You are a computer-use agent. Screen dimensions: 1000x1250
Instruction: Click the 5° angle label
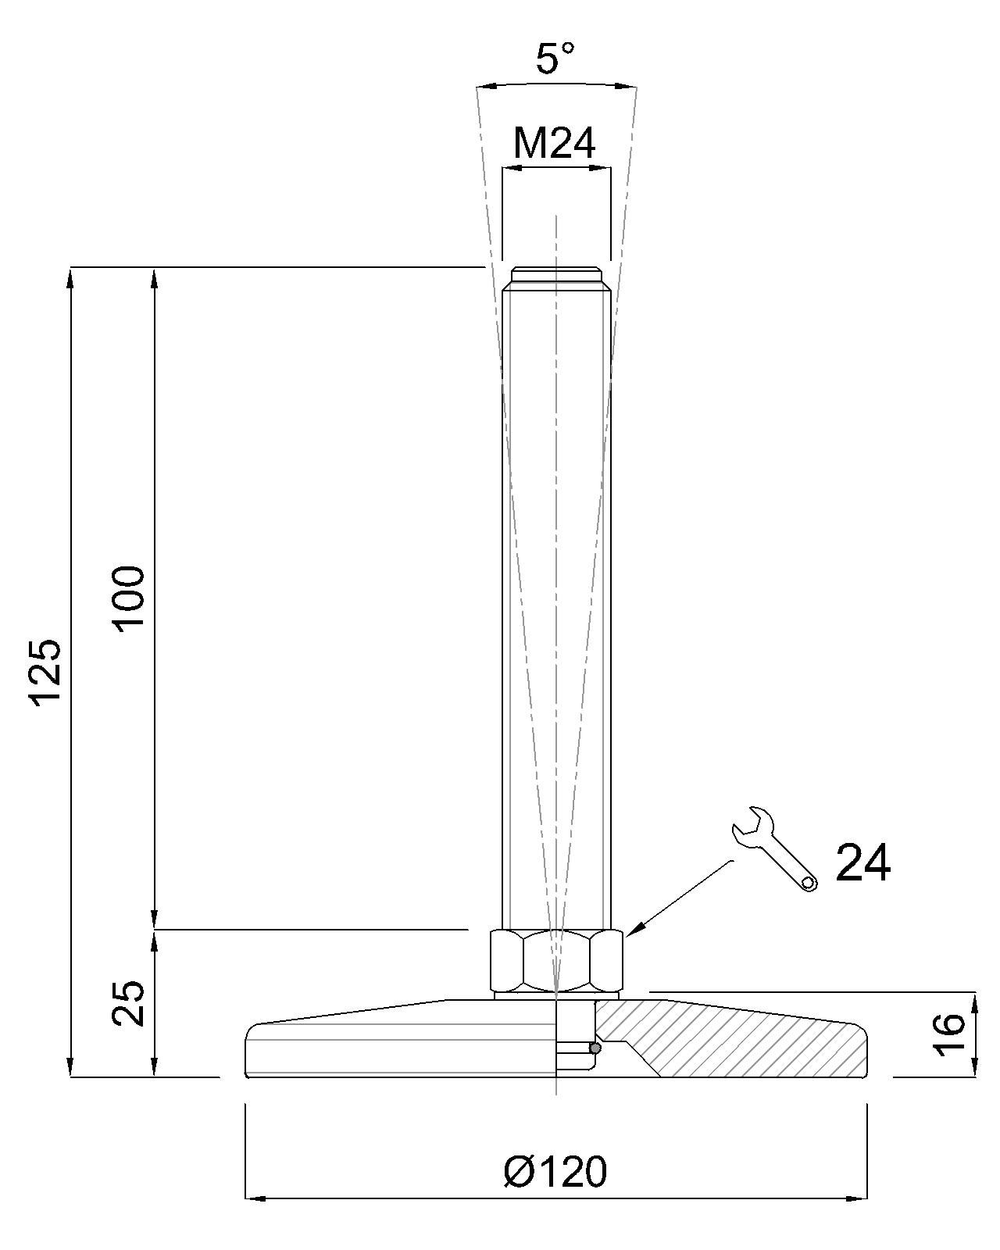point(554,59)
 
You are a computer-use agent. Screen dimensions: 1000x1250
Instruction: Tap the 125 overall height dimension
point(46,673)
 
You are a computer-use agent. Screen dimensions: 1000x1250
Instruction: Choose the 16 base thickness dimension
point(948,1031)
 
